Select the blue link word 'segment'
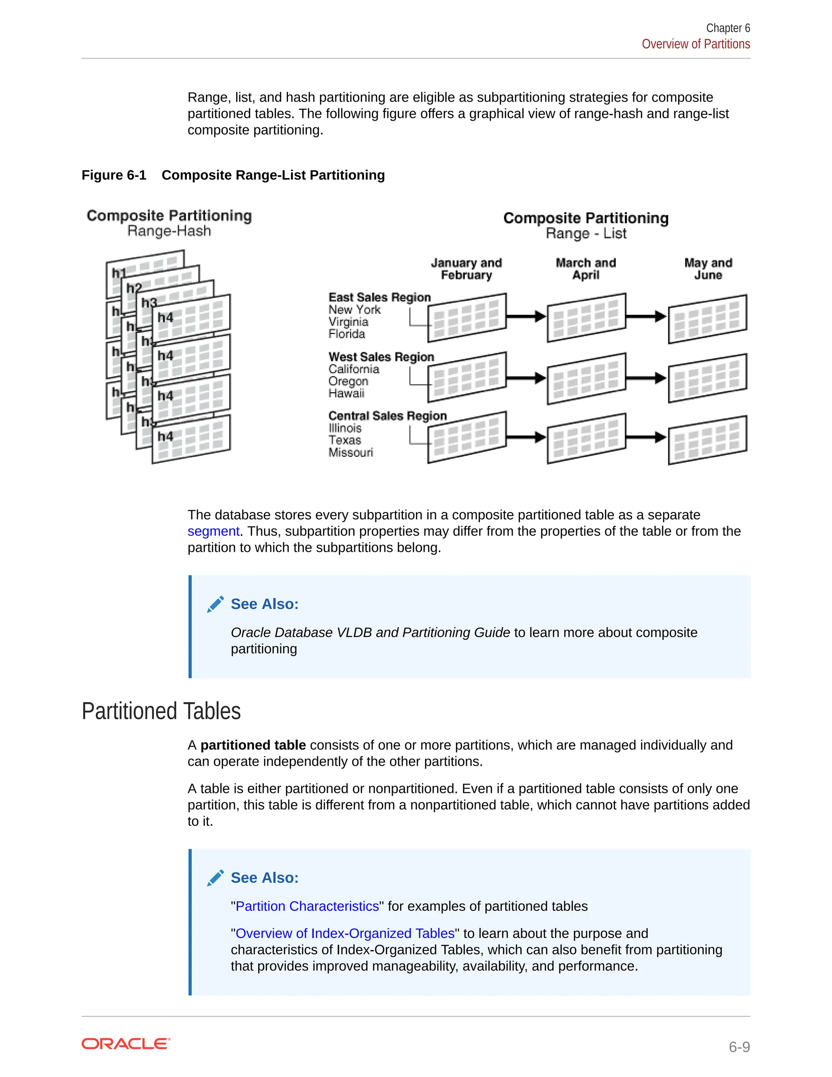point(213,531)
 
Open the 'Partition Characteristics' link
point(307,906)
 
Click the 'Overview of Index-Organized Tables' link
point(345,933)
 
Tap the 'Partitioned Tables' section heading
point(161,711)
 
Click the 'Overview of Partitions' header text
point(695,44)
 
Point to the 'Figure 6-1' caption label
point(114,175)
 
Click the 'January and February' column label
point(466,269)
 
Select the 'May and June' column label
point(708,269)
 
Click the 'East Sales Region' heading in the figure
point(379,297)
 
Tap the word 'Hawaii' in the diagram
point(347,393)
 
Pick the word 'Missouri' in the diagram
point(351,452)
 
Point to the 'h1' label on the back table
point(119,273)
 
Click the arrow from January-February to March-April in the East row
point(526,316)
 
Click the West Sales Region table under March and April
point(587,378)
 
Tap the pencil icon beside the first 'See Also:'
point(215,604)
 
